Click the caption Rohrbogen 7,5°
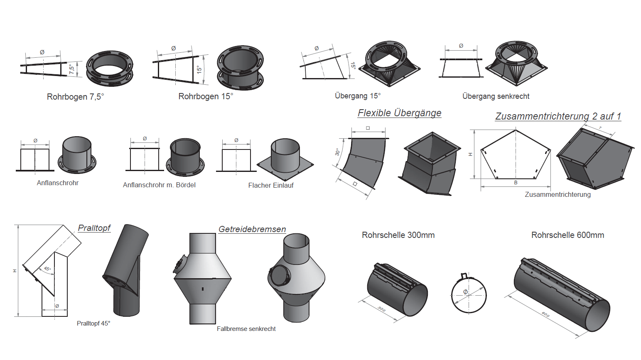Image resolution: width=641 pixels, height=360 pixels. point(75,97)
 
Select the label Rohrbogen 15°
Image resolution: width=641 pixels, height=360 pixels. point(206,96)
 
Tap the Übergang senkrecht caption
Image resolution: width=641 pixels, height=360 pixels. point(496,96)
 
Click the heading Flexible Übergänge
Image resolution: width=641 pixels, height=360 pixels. point(399,113)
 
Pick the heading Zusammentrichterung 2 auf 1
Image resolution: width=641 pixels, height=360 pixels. point(558,116)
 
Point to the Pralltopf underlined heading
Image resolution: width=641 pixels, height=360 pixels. point(94,228)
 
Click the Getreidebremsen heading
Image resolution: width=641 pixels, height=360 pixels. point(252,229)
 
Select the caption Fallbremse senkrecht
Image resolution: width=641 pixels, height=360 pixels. point(246,329)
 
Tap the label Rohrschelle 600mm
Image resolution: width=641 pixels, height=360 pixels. point(567,235)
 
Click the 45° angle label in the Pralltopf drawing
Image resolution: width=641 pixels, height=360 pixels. point(48,269)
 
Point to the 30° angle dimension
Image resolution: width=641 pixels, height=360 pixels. point(337,152)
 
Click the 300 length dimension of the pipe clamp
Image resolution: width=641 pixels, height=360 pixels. point(381,309)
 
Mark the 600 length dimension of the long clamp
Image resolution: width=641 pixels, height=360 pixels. point(545,314)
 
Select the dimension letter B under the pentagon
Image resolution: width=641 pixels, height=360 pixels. point(516,183)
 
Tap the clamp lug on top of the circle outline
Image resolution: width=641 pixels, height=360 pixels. point(465,276)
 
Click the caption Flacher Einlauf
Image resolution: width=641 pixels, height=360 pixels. point(271,186)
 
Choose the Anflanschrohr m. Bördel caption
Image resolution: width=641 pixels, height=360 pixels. point(159,185)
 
